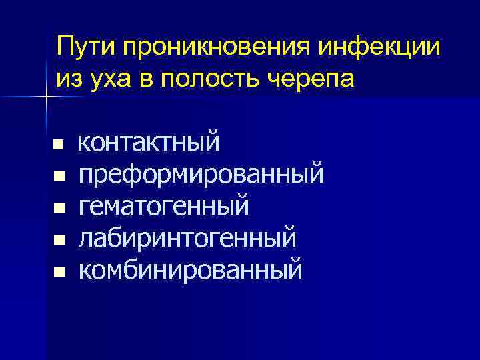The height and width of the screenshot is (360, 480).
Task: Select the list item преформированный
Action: (201, 175)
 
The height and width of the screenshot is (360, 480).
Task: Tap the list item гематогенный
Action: (164, 206)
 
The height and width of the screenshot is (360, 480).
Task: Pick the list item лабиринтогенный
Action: (187, 238)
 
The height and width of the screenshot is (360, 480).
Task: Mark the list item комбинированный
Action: (191, 270)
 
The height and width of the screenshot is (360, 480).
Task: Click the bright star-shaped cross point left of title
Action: (47, 97)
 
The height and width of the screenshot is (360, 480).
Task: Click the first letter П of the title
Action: (65, 47)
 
